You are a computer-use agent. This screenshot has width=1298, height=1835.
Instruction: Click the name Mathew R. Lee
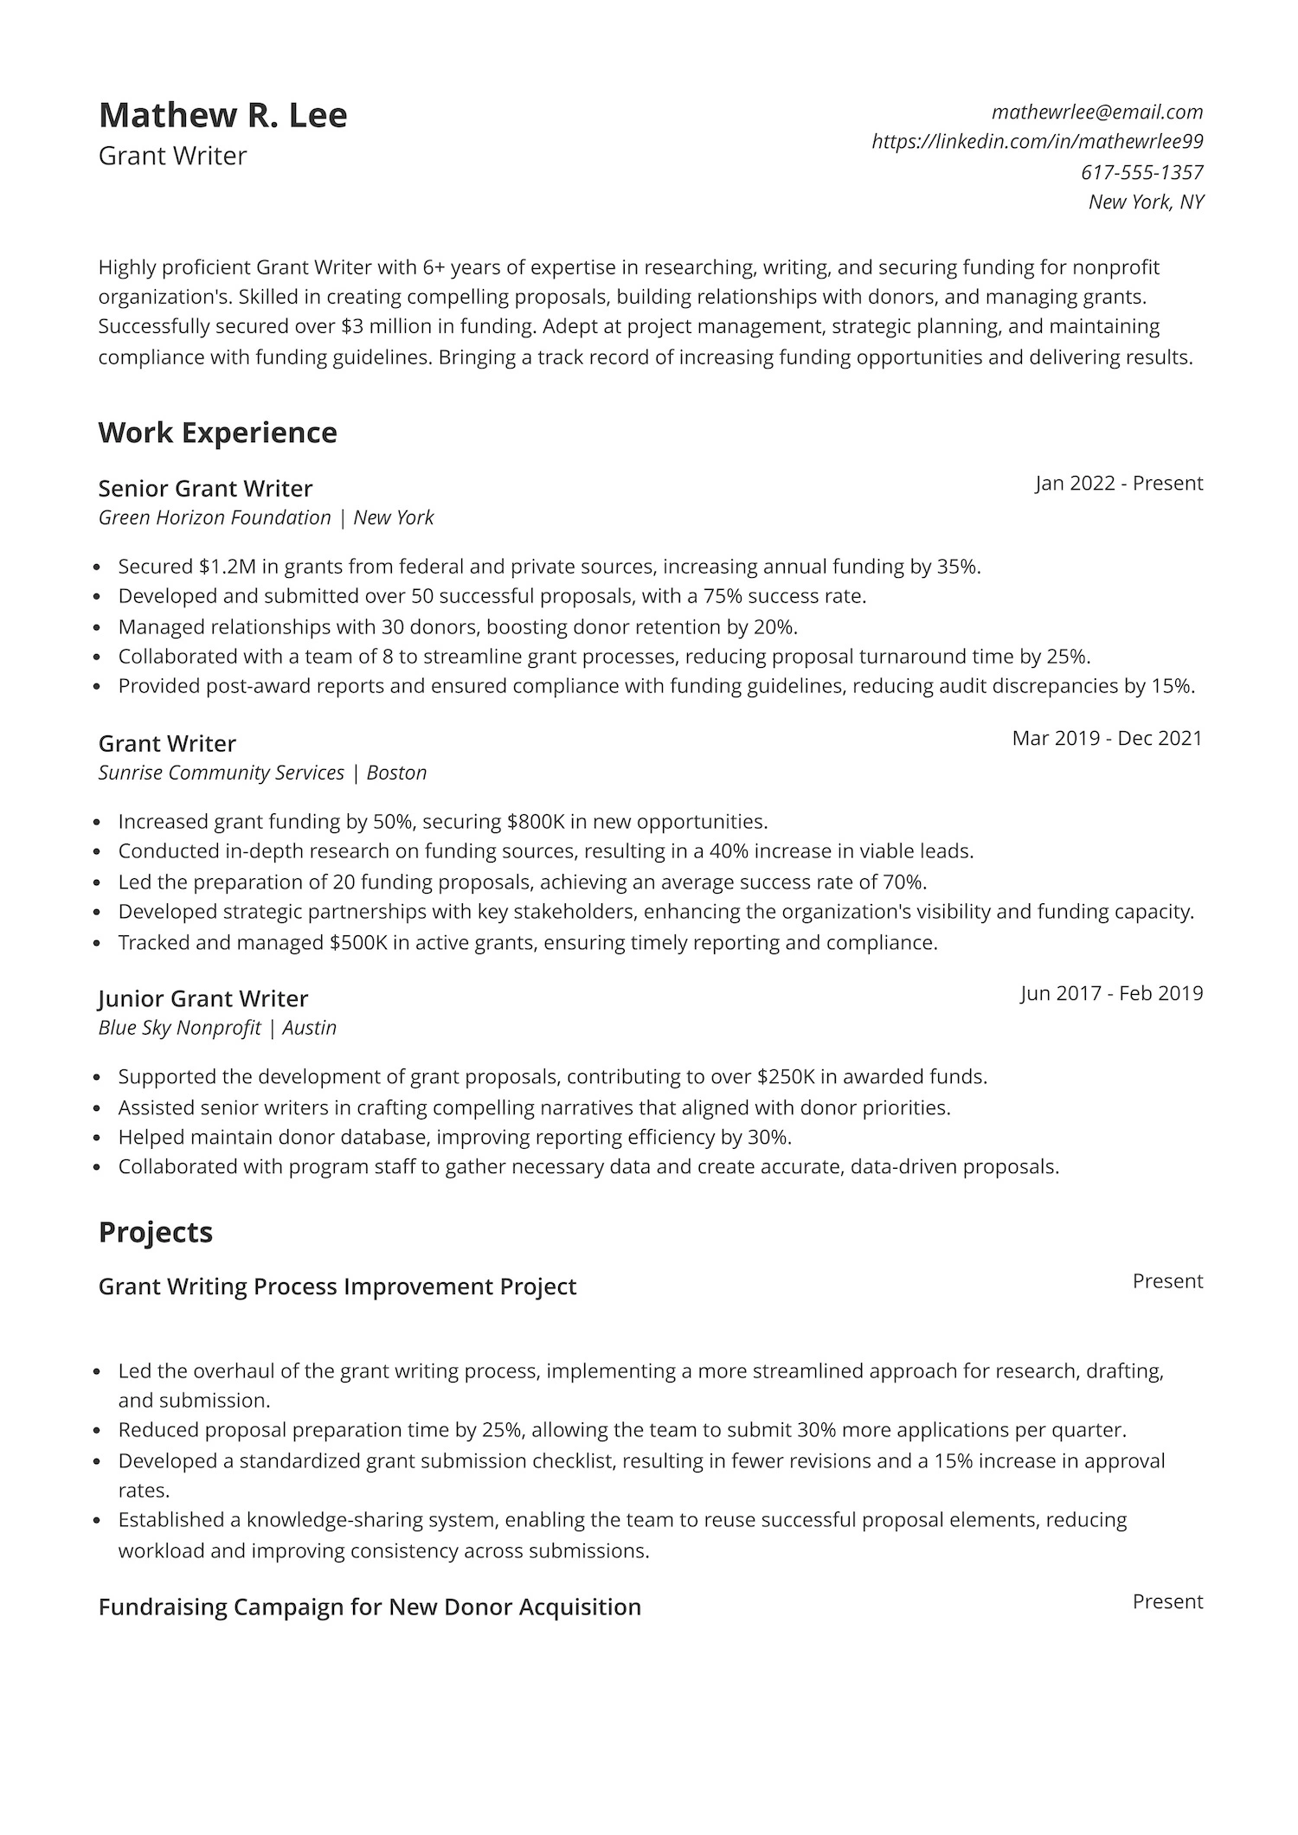click(222, 115)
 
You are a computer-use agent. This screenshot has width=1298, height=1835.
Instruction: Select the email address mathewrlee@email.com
click(1097, 112)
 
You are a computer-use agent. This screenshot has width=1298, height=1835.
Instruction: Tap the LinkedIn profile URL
click(1037, 141)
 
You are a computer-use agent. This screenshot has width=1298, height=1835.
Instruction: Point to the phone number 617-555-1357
click(1141, 172)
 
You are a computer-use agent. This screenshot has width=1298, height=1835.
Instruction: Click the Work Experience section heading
click(217, 433)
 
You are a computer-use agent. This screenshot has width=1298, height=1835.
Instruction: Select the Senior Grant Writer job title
click(205, 489)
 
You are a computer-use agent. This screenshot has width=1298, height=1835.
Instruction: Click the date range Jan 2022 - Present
click(1119, 483)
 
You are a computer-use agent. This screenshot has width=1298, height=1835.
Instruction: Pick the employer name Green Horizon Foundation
click(215, 517)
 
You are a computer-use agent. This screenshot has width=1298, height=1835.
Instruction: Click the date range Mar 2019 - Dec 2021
click(1107, 738)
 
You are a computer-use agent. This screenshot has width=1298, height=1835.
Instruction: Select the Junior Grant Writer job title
click(202, 998)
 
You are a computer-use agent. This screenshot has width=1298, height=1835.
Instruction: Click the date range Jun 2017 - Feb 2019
click(1111, 992)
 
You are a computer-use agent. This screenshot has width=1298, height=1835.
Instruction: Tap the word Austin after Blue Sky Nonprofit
click(309, 1028)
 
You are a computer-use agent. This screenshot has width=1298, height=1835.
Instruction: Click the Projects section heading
click(155, 1232)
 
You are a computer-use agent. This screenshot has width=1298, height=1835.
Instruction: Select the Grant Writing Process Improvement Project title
click(337, 1286)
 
